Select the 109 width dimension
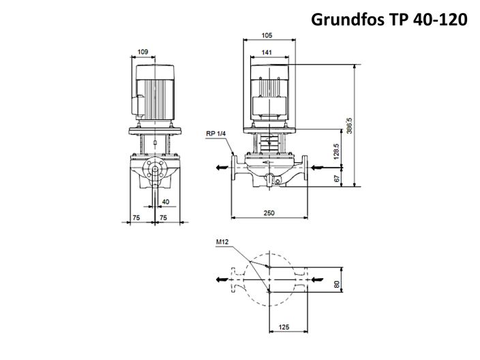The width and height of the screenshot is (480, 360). tap(143, 51)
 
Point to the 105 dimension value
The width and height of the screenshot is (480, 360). tap(268, 35)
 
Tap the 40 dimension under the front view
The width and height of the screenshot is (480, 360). tap(166, 202)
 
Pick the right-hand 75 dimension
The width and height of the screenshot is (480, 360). tap(164, 217)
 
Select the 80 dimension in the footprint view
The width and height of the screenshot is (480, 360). tap(336, 284)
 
